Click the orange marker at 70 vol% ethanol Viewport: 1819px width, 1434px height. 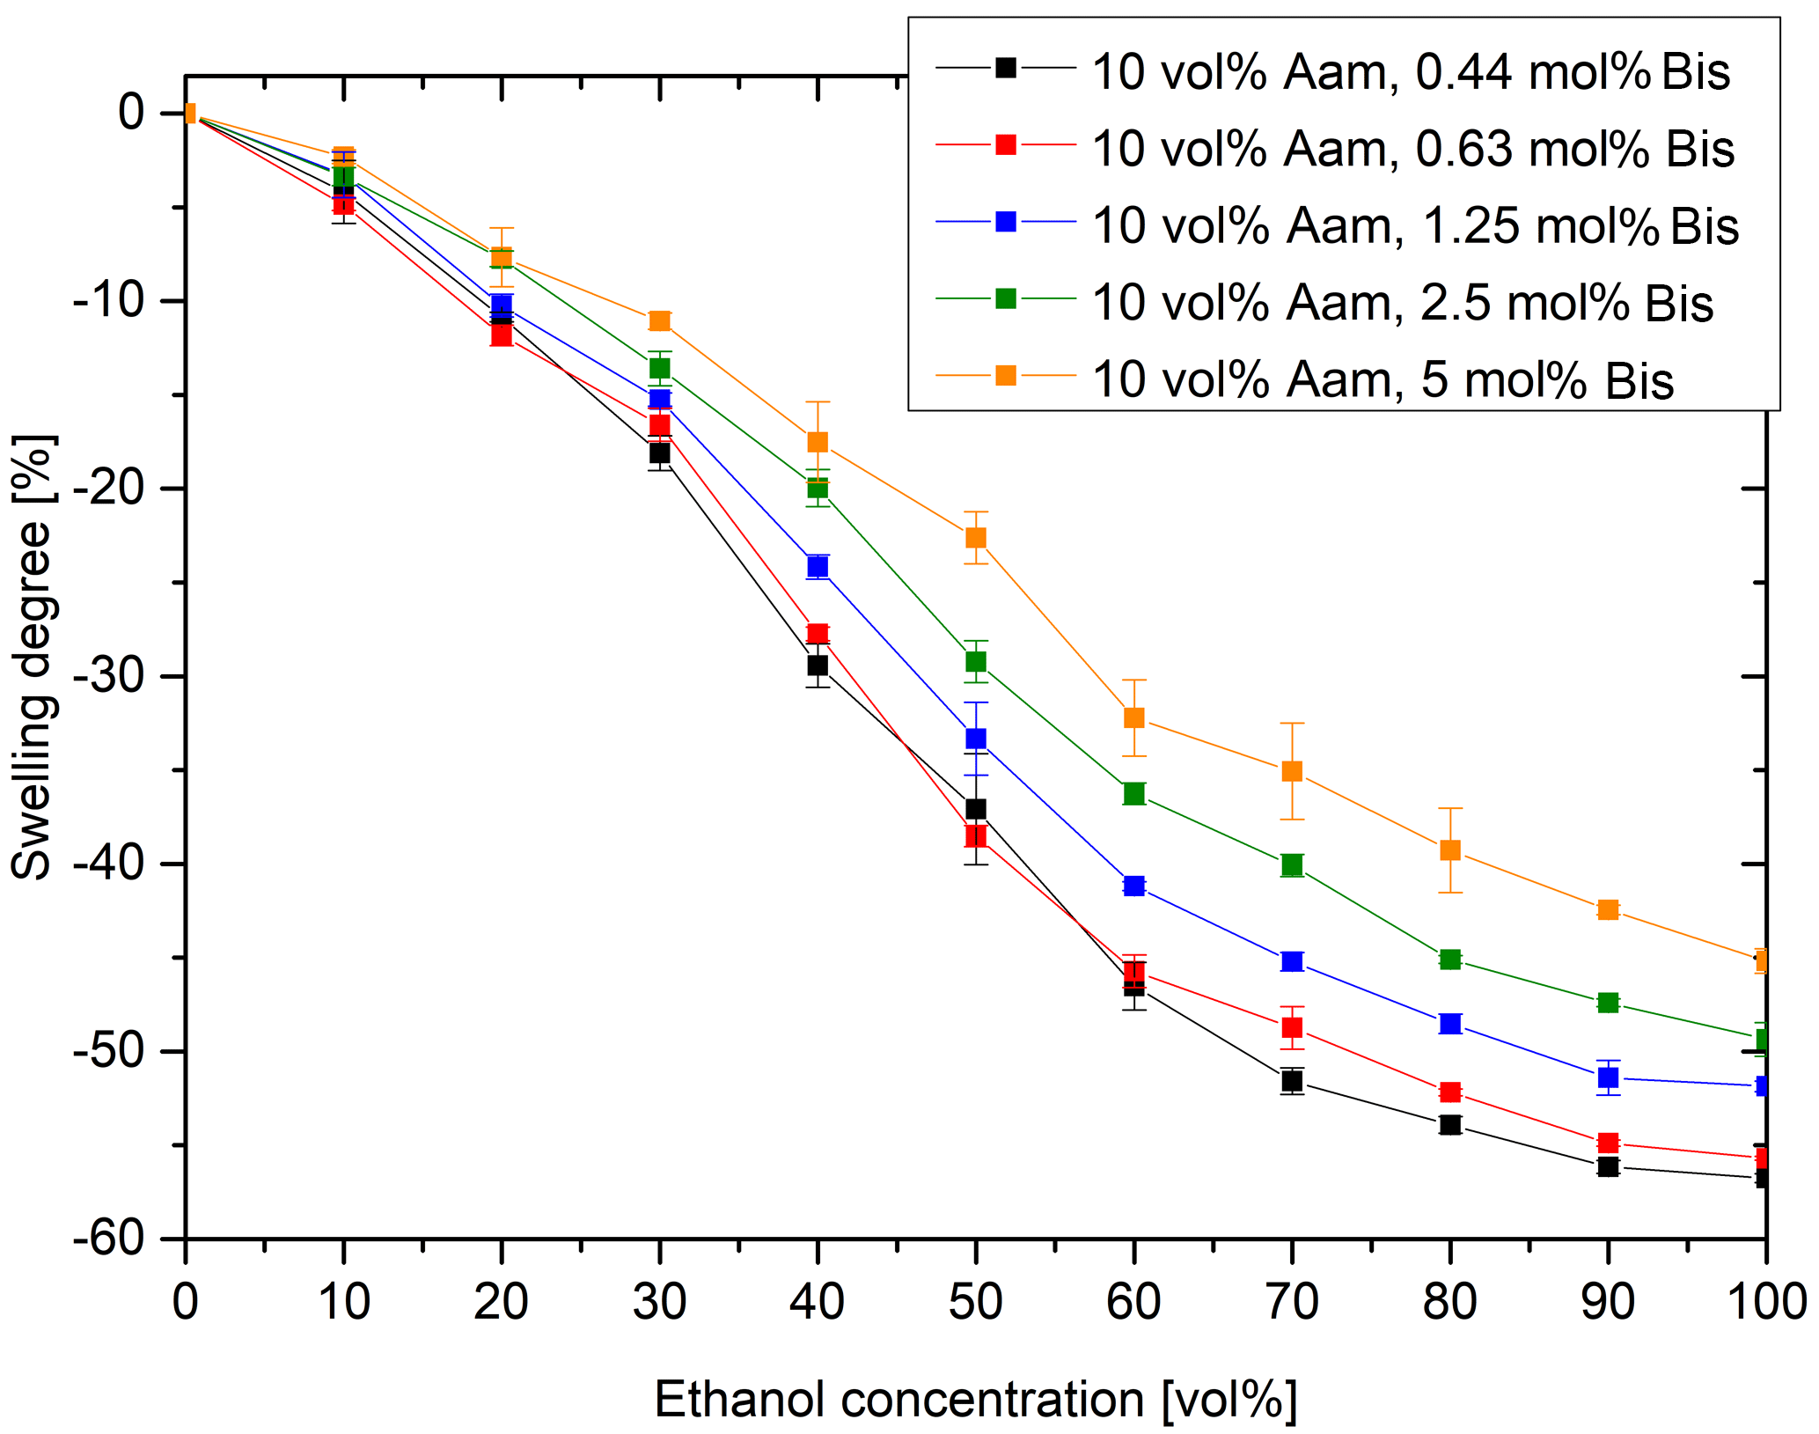[x=1292, y=771]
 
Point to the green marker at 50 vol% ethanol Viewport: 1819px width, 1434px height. [x=976, y=661]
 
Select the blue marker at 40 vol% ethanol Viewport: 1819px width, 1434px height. [x=818, y=566]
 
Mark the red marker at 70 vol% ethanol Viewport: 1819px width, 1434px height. [x=1292, y=1027]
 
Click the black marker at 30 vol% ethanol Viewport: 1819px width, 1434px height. [x=659, y=452]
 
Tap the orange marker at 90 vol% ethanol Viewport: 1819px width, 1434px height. [x=1608, y=909]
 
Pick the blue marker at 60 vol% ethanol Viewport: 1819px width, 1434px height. [x=1134, y=886]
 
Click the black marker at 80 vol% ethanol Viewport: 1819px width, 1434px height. [x=1450, y=1124]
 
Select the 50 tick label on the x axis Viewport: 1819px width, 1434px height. [x=976, y=1301]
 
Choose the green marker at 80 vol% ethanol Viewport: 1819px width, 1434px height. [x=1450, y=959]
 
